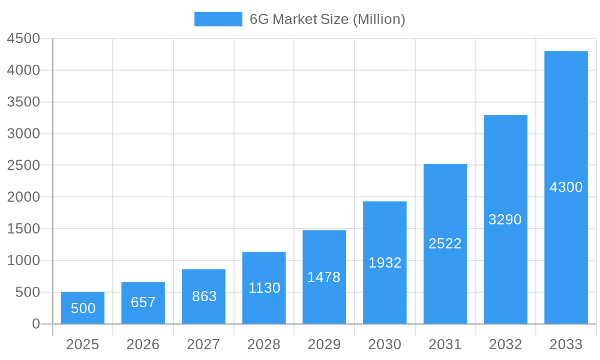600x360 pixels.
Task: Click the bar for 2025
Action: click(x=83, y=308)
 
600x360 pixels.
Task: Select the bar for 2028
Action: click(x=264, y=288)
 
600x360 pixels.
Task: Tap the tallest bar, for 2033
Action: click(x=566, y=187)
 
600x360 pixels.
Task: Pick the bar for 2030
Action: click(x=385, y=262)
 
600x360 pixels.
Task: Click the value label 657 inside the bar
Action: click(x=143, y=302)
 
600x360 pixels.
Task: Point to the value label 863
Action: click(x=204, y=296)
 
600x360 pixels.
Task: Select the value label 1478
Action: click(x=324, y=277)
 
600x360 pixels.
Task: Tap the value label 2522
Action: click(x=445, y=244)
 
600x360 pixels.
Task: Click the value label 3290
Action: click(x=505, y=220)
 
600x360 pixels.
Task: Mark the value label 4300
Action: click(x=566, y=187)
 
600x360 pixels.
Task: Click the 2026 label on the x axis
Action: click(x=143, y=344)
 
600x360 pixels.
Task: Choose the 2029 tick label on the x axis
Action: click(x=324, y=344)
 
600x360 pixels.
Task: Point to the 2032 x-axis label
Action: click(x=505, y=344)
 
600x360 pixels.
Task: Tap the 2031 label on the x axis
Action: click(x=445, y=344)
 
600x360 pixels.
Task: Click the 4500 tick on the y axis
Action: click(x=23, y=38)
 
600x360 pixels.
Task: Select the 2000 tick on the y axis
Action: click(x=23, y=197)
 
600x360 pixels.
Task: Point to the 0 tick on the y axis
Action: click(x=35, y=324)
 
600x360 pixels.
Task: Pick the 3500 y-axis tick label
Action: click(x=23, y=102)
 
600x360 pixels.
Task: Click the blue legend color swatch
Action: click(x=218, y=19)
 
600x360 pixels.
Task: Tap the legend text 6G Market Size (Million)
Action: click(x=327, y=19)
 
